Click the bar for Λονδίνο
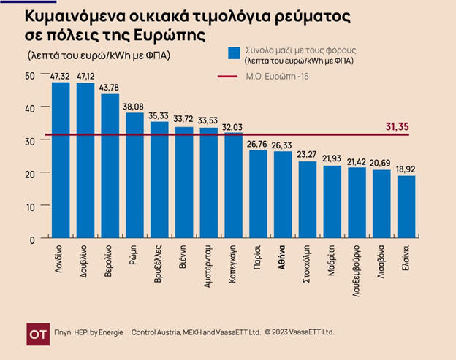pos(61,161)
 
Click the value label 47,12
pos(86,76)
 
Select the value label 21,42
pos(357,161)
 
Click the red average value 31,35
pos(398,127)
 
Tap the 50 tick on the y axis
pos(29,76)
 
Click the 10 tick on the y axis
pos(29,207)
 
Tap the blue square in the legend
pos(234,53)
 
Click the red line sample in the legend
pos(234,76)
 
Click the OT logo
pos(37,332)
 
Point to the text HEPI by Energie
pos(98,332)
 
